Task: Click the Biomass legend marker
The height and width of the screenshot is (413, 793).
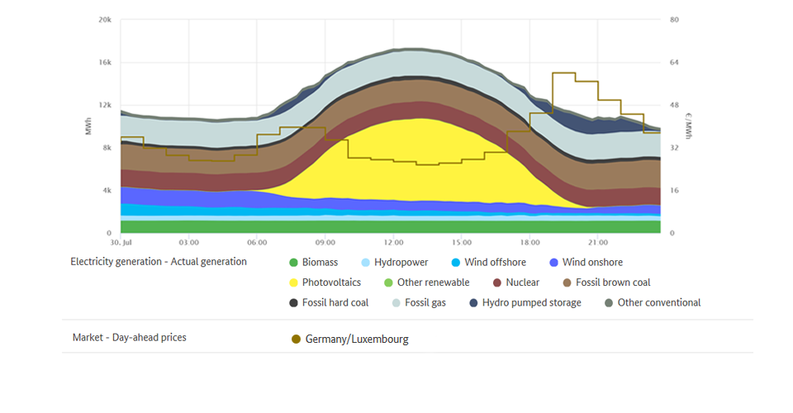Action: (293, 263)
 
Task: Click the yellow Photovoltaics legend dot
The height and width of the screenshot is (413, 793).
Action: (293, 282)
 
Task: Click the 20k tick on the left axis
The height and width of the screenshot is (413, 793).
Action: (105, 19)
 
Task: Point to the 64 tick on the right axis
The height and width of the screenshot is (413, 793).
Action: (674, 62)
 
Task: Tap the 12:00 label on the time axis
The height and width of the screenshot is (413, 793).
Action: (393, 244)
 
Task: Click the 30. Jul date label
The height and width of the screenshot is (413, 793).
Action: (121, 244)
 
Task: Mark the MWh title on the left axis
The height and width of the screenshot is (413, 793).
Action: (88, 126)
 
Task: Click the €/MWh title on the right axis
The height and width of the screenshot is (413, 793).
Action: (688, 126)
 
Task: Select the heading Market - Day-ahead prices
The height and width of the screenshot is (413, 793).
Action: (129, 337)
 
